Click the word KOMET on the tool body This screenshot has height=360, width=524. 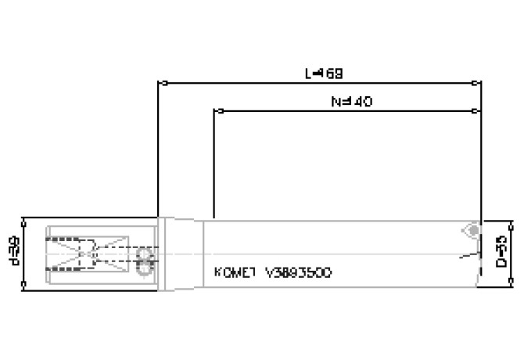coord(233,273)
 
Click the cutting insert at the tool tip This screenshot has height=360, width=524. coord(472,231)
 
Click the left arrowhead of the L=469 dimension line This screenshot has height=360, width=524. coord(161,81)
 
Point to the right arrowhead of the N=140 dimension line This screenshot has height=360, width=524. coord(477,110)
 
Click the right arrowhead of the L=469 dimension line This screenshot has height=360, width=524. coord(477,81)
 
